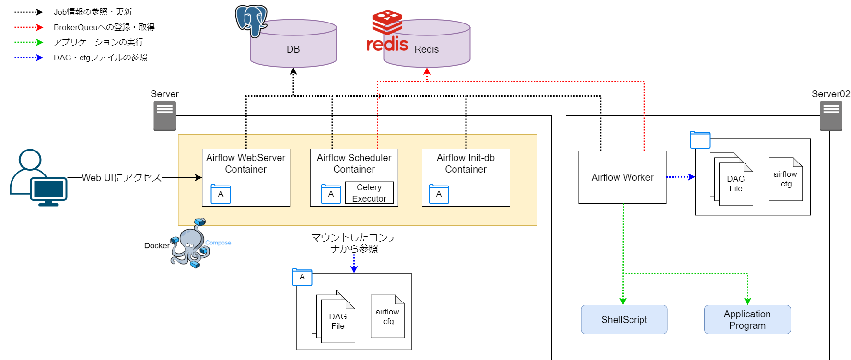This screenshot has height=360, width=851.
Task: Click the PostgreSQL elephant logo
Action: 251,21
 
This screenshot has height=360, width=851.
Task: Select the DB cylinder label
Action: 293,49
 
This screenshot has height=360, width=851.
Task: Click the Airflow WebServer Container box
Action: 246,177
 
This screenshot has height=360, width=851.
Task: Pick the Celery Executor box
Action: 369,193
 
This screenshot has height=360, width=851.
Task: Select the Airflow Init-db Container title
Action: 466,163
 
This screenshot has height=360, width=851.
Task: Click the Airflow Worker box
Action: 622,177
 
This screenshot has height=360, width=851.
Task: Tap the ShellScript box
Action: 624,320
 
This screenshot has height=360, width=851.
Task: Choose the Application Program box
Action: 747,320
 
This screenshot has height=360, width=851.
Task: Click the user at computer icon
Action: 38,178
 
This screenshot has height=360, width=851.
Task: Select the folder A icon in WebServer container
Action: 221,194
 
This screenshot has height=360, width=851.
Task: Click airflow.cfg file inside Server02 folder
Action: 785,179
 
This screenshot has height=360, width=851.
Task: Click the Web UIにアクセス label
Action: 121,178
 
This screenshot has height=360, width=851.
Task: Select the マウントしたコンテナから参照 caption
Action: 354,243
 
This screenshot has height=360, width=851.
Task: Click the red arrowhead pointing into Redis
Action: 427,71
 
